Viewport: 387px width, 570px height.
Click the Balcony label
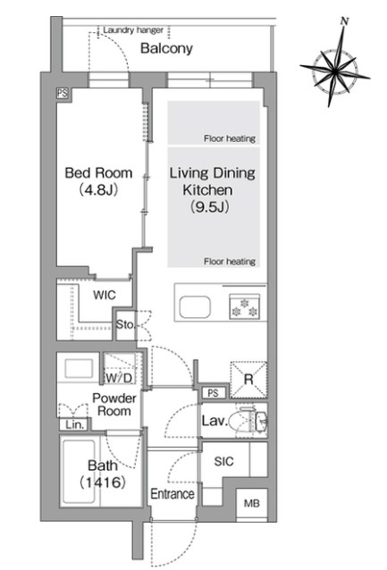tap(166, 48)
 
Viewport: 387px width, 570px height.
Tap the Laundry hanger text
tap(133, 29)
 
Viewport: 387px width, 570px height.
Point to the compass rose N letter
tap(344, 21)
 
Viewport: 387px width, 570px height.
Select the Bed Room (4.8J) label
tap(98, 181)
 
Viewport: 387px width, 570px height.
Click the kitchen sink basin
tap(195, 306)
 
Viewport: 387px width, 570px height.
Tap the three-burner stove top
tap(244, 306)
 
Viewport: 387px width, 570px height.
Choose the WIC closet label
tap(105, 295)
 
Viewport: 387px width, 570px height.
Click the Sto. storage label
tap(125, 324)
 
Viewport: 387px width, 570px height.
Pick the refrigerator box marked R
tap(248, 379)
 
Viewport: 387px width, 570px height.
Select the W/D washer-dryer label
tap(119, 378)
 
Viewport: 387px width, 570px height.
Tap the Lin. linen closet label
tap(75, 424)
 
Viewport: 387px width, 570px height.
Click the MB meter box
tap(252, 503)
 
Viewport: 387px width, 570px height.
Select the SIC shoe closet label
tap(223, 461)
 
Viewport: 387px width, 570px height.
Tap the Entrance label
tap(172, 494)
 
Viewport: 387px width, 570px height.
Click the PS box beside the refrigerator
tap(213, 392)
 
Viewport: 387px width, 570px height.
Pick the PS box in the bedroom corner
tap(63, 93)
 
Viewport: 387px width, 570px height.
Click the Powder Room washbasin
tap(79, 368)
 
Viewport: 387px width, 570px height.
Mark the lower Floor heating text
tap(230, 262)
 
